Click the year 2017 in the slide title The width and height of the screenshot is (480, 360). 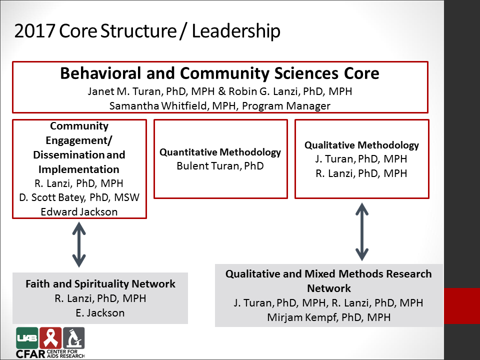tap(34, 31)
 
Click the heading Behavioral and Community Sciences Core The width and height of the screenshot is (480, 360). tap(219, 73)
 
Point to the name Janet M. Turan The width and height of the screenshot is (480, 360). tap(124, 91)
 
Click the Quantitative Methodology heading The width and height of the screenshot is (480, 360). tap(220, 152)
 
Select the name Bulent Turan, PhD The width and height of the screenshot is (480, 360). tap(220, 166)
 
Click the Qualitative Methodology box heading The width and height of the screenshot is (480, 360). tap(361, 145)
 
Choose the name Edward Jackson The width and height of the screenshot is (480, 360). tap(79, 212)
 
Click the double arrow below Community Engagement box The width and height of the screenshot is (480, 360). tap(79, 244)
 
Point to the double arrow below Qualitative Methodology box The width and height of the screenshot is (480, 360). tap(362, 231)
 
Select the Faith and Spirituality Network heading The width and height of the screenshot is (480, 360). tap(100, 284)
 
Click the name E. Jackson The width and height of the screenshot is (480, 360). tap(100, 313)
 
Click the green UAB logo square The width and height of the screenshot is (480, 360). tap(27, 338)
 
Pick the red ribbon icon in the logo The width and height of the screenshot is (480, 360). tap(50, 338)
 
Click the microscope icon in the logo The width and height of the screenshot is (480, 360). tap(73, 338)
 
